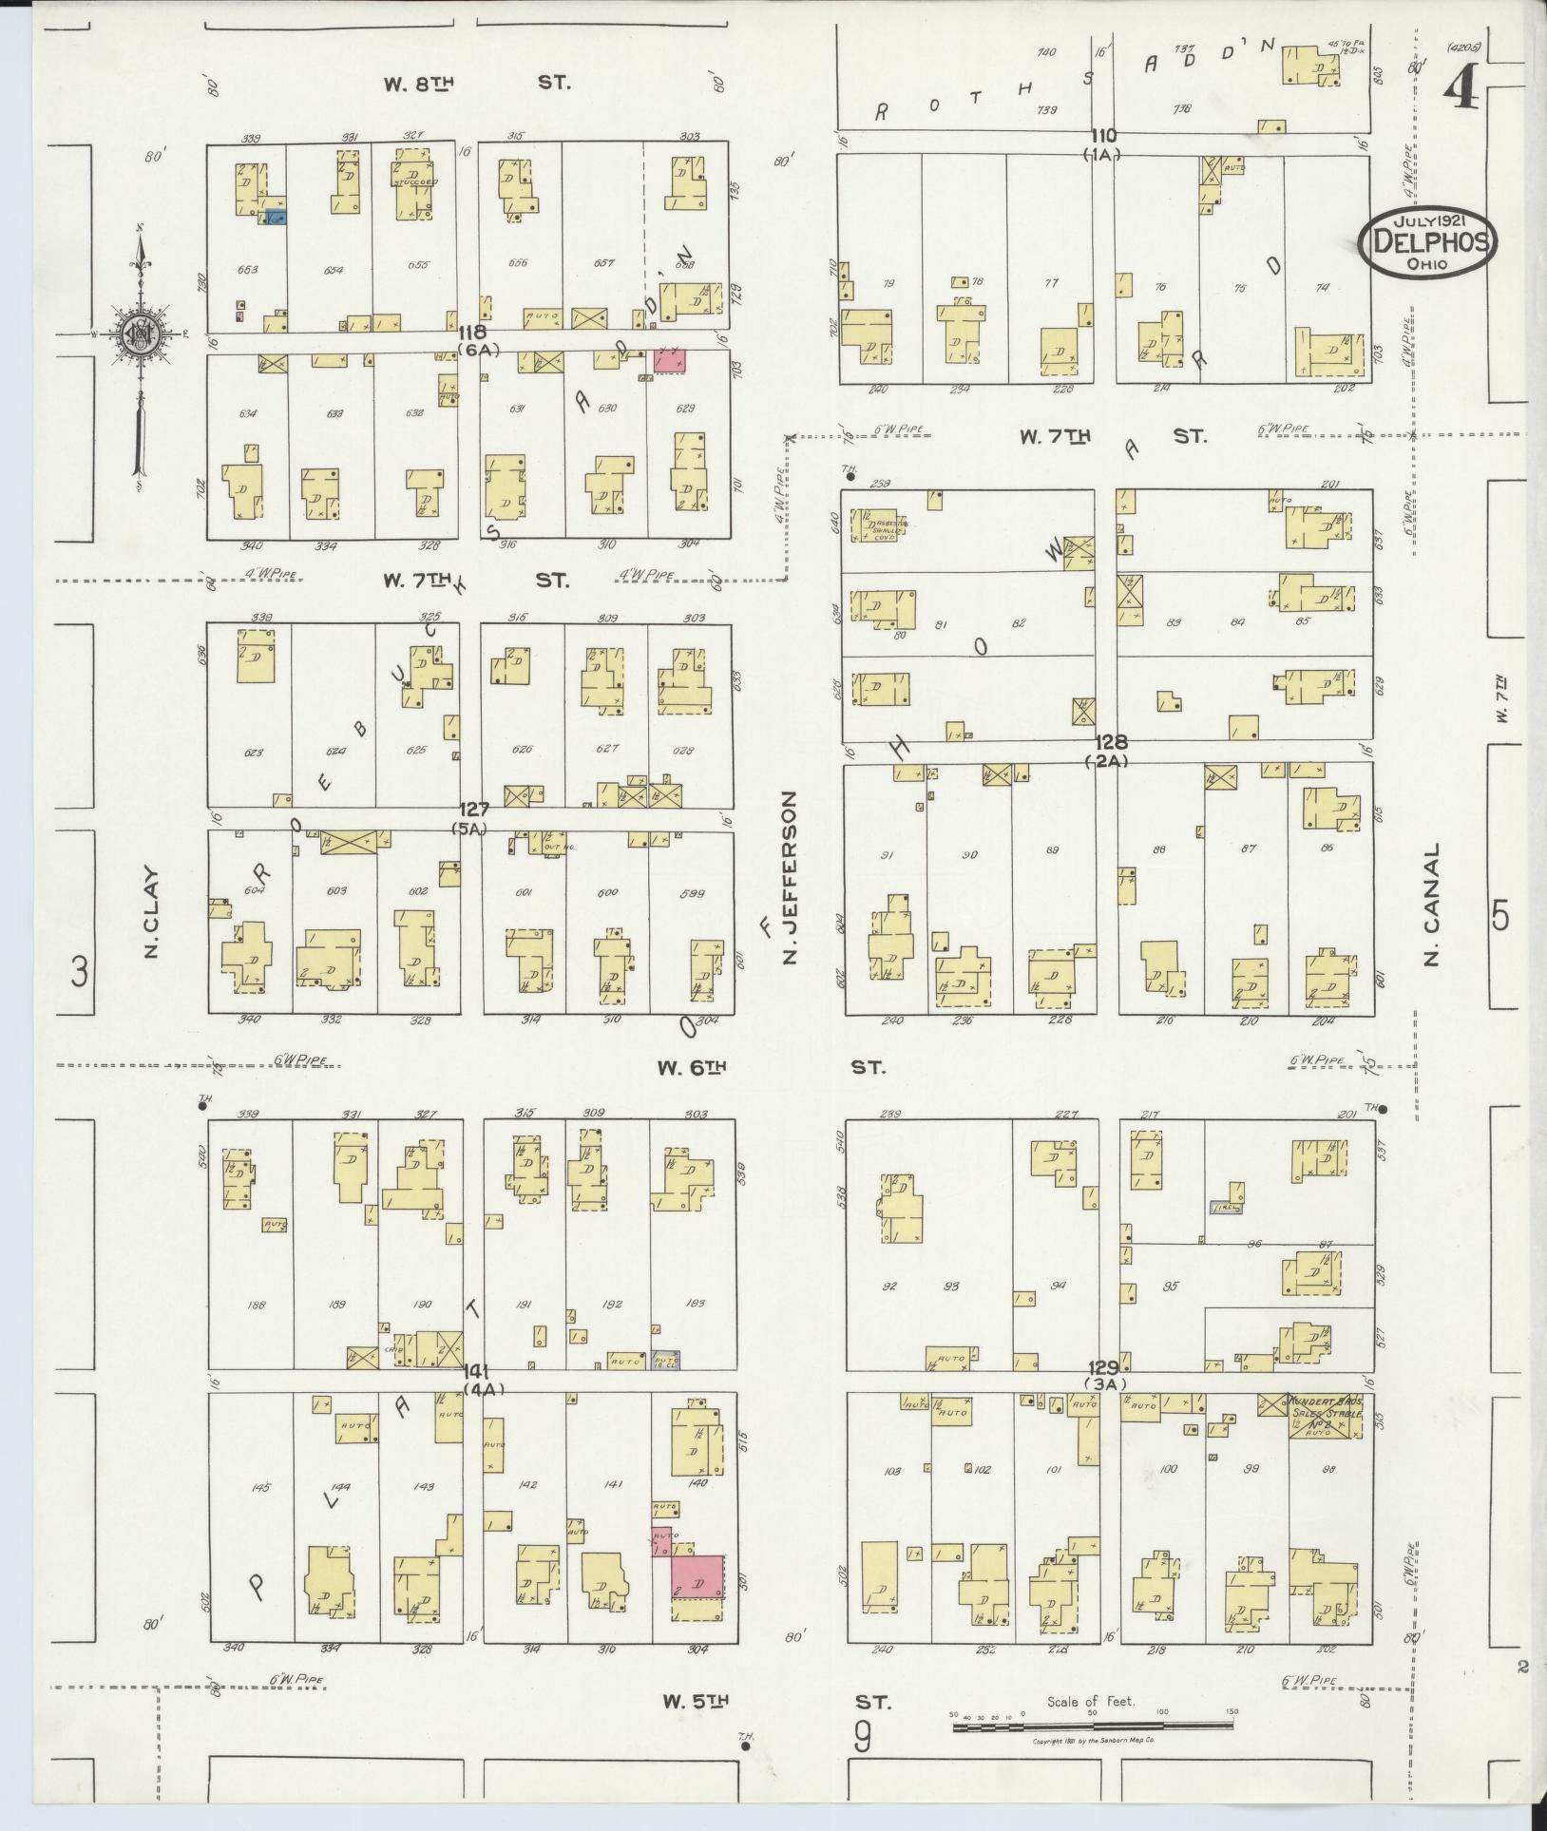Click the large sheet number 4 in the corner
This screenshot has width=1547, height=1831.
pyautogui.click(x=1461, y=92)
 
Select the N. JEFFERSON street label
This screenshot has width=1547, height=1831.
pyautogui.click(x=788, y=878)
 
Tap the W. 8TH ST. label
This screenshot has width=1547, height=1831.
pyautogui.click(x=475, y=84)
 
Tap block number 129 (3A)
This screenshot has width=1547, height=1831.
pyautogui.click(x=1103, y=1373)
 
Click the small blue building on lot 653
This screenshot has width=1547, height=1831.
pyautogui.click(x=276, y=217)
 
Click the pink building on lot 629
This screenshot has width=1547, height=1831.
pyautogui.click(x=669, y=360)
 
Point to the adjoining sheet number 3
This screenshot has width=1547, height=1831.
pyautogui.click(x=81, y=971)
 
